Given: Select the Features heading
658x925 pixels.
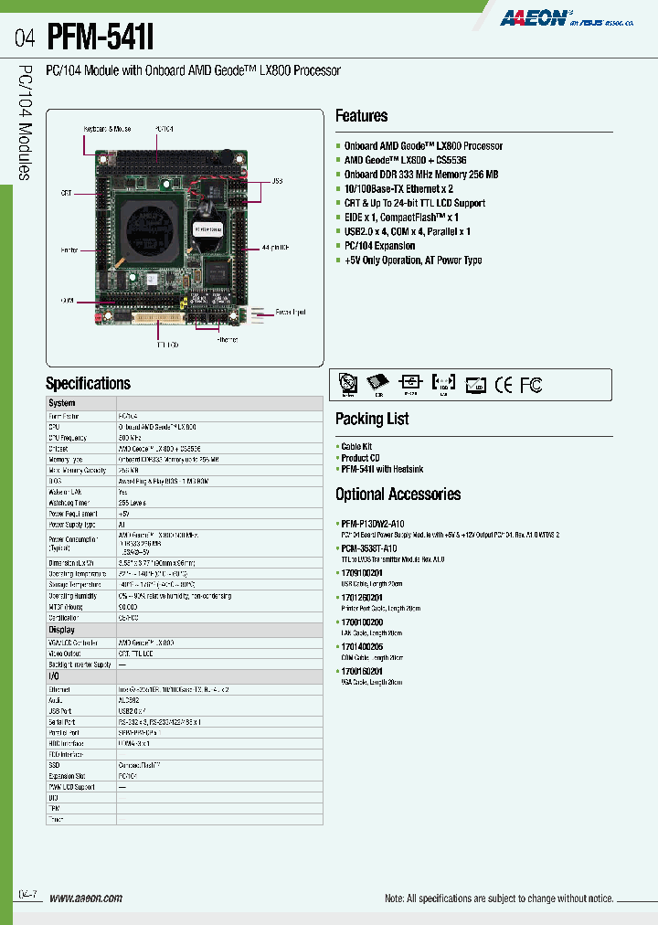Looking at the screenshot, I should [361, 116].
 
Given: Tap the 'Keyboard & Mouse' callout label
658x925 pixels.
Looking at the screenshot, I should [109, 129].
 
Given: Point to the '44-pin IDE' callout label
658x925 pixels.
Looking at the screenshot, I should [273, 248].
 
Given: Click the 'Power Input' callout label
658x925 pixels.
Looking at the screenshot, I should [290, 313].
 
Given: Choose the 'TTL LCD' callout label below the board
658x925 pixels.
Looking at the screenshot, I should [165, 346].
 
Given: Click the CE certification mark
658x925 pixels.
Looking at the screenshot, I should [504, 385].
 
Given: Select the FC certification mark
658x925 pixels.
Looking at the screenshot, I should [531, 385].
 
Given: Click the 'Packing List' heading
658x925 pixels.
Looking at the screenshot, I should [372, 419].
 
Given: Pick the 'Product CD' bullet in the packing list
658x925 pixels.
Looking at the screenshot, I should [360, 458].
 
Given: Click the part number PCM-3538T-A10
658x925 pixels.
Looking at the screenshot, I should [368, 548].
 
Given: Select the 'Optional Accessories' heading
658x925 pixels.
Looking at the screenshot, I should [398, 494].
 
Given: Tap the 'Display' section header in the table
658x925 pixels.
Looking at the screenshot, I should [61, 631].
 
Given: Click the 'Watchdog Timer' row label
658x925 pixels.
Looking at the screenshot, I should [69, 503].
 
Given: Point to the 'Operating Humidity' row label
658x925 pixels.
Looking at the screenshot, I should [72, 595].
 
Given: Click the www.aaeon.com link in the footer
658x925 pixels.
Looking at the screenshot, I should [85, 898].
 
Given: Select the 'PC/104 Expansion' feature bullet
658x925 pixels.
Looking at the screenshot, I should [379, 246].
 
